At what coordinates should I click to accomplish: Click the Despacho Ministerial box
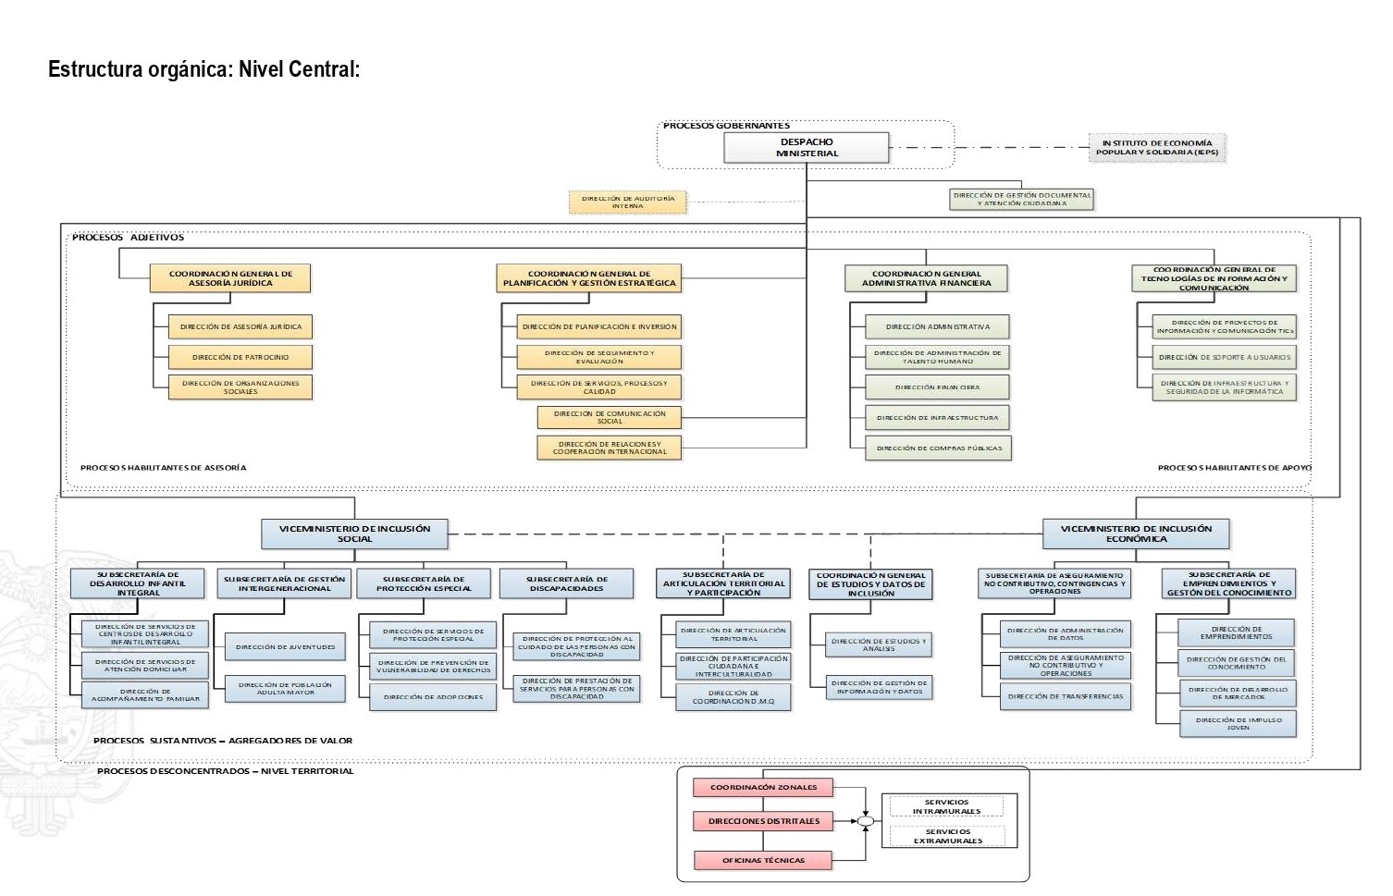coord(806,148)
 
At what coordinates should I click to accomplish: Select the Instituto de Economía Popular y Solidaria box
coord(1156,148)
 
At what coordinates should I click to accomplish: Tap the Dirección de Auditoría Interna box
coord(627,203)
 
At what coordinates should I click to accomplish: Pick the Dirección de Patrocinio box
coord(240,357)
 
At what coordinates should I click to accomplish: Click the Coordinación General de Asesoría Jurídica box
coord(230,278)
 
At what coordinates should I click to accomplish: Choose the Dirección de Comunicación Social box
coord(609,417)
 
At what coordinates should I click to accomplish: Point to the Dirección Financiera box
coord(937,387)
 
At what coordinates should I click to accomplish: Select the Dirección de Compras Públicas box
coord(939,448)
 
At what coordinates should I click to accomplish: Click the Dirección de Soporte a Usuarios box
coord(1225,357)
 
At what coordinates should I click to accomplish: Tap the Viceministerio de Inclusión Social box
coord(354,534)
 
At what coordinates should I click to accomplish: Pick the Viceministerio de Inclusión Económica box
coord(1136,534)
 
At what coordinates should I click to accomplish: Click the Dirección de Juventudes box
coord(285,647)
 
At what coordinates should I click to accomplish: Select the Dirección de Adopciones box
coord(433,697)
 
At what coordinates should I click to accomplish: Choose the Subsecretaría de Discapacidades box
coord(566,583)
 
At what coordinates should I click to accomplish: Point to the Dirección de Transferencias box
coord(1066,697)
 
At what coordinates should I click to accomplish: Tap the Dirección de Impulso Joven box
coord(1238,723)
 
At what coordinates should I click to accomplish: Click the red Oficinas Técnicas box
coord(763,861)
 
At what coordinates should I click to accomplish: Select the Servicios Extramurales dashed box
coord(947,836)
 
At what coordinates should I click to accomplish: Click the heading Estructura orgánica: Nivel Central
coord(203,69)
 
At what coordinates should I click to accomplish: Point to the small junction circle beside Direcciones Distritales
coord(865,821)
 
